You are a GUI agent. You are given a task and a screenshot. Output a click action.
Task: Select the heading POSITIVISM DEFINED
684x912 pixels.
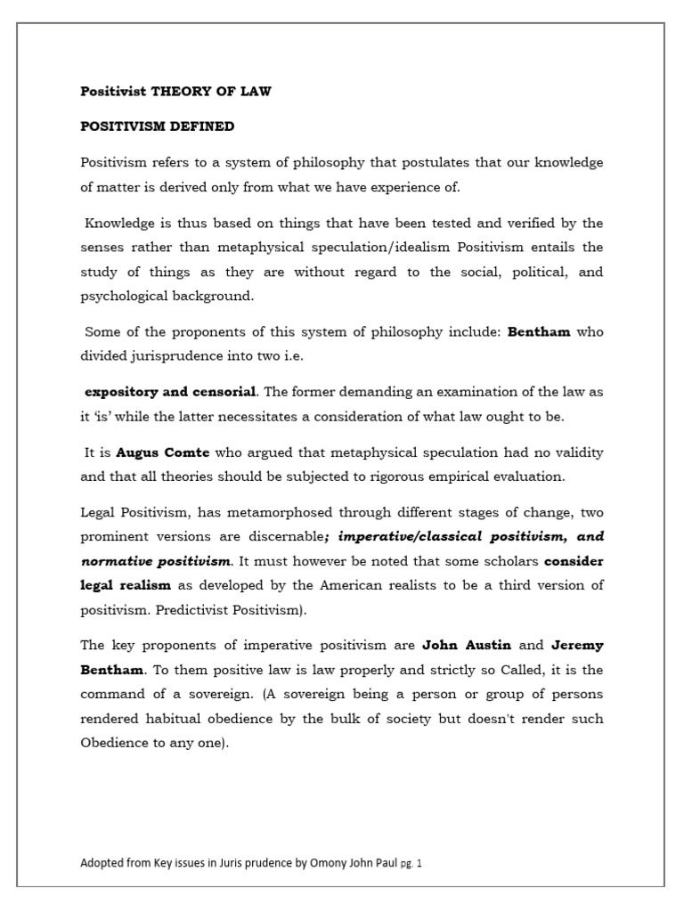(158, 126)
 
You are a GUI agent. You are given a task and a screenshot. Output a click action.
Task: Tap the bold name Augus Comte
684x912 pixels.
(160, 453)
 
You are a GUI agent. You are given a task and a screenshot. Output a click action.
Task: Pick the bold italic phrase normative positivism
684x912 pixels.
(155, 562)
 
